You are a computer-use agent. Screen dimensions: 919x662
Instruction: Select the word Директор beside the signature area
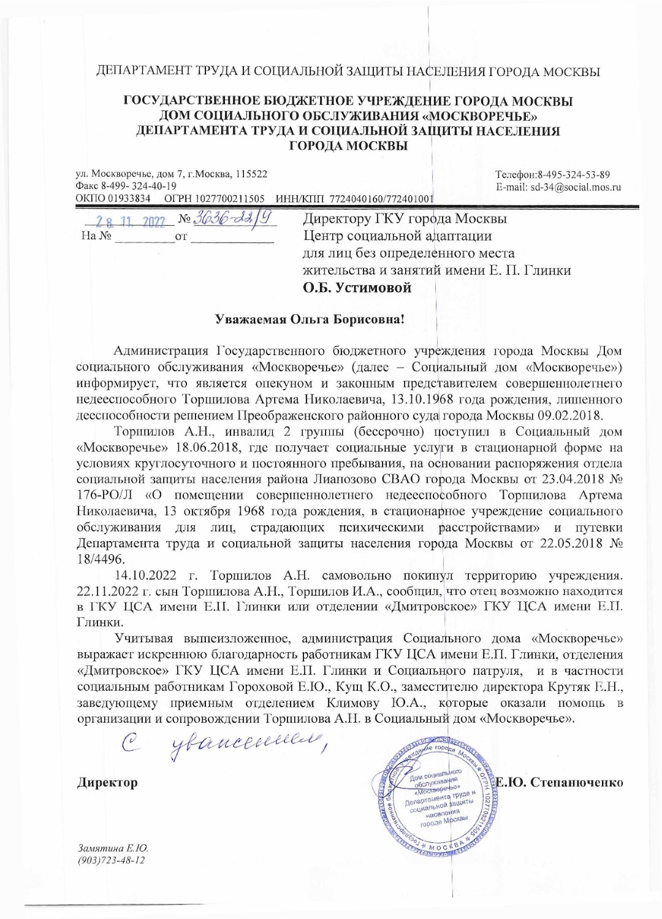pyautogui.click(x=107, y=783)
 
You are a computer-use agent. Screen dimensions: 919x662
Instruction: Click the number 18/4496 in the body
pyautogui.click(x=102, y=559)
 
